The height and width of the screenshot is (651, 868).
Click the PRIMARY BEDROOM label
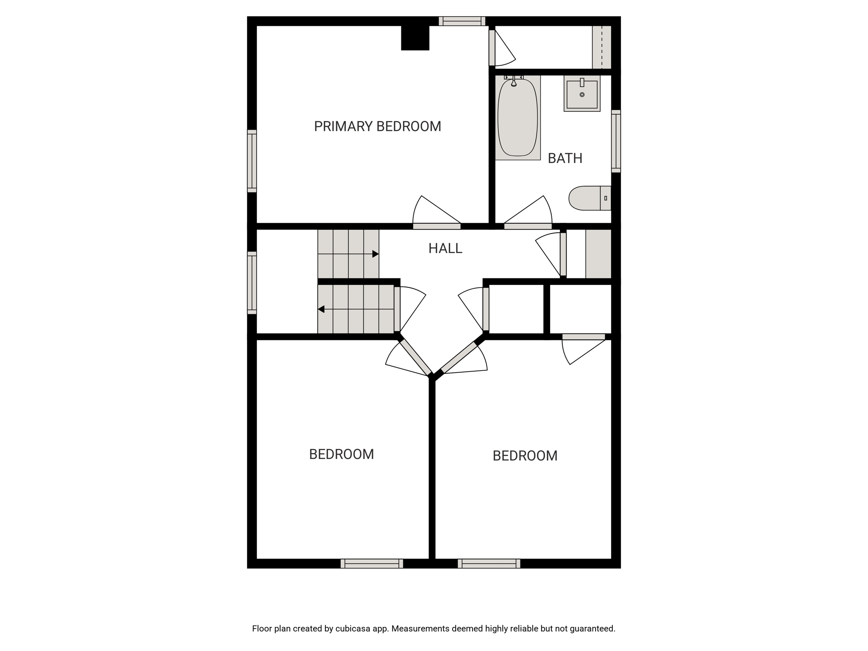(x=377, y=126)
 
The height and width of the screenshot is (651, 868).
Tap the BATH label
(x=565, y=158)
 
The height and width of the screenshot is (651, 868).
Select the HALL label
(x=445, y=248)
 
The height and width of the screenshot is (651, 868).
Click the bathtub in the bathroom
(x=517, y=117)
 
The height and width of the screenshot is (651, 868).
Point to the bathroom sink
(x=582, y=94)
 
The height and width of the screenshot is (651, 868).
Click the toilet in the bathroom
(x=590, y=198)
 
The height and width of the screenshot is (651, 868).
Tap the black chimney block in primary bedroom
(x=415, y=38)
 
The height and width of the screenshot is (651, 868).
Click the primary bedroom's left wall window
(x=252, y=161)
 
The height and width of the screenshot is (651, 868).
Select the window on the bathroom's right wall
(x=616, y=141)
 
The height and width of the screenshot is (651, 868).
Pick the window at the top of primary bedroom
(x=462, y=21)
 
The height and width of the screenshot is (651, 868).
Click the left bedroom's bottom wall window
(x=372, y=564)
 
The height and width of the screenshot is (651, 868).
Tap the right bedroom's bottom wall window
(x=489, y=564)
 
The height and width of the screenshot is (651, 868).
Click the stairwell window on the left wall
(x=252, y=283)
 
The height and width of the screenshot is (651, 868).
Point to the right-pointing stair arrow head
(x=376, y=254)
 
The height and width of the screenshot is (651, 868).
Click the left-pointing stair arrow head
(x=321, y=309)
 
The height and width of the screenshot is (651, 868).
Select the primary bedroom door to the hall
(x=437, y=212)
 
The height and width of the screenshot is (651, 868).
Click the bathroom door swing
(x=528, y=212)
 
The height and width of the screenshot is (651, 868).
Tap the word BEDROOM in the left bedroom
(x=341, y=454)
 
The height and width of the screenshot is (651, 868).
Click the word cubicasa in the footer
(x=352, y=629)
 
